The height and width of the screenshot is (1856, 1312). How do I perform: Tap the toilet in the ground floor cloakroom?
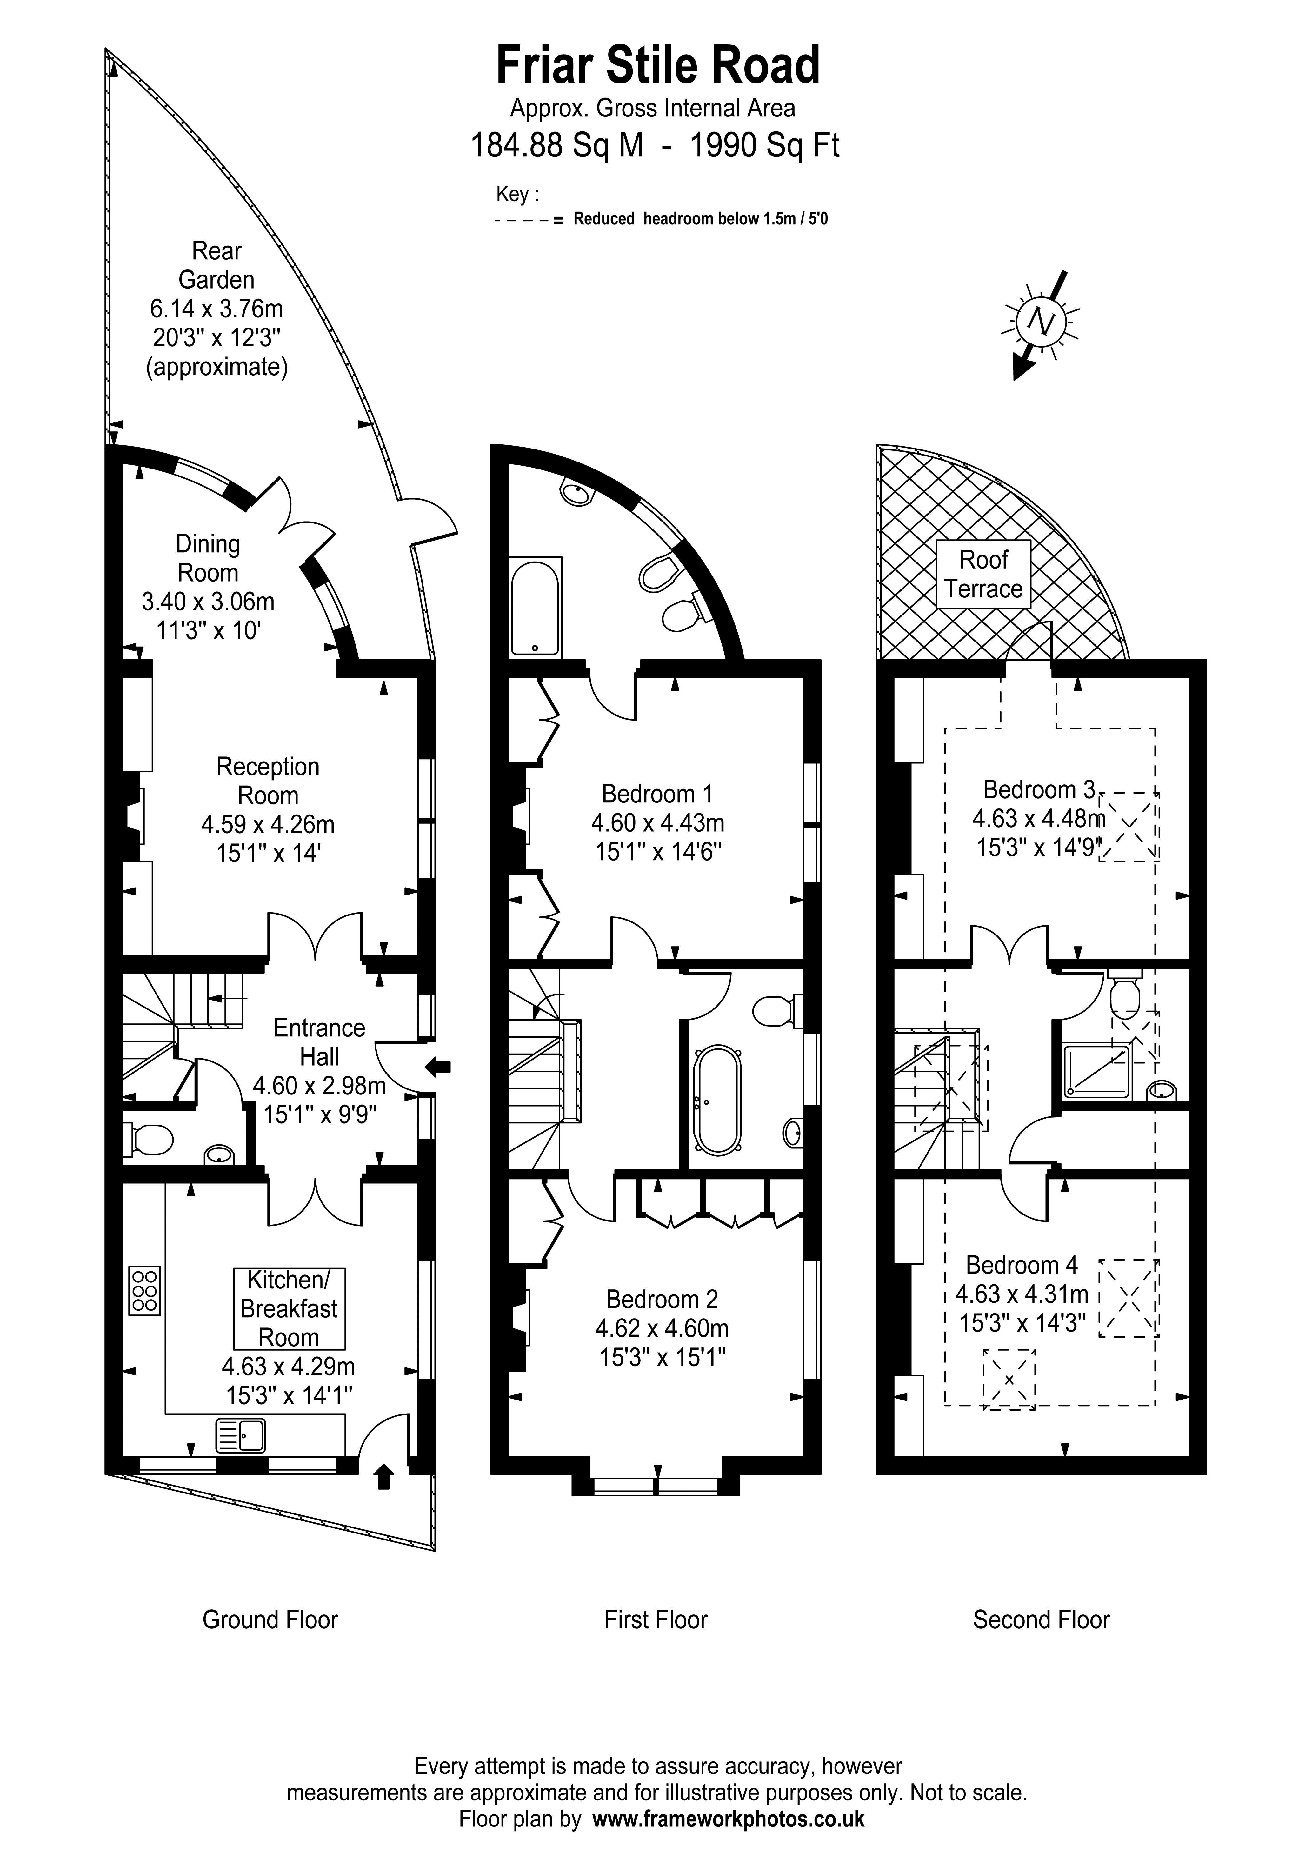click(149, 1140)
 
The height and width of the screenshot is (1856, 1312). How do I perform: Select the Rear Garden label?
click(216, 265)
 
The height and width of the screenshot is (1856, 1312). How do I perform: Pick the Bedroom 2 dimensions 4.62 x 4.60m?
click(662, 1328)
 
